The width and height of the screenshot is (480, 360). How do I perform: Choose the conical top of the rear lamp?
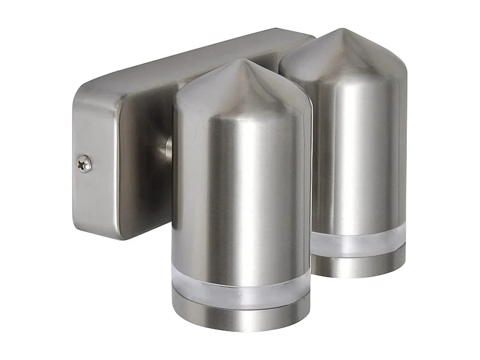click(345, 54)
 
